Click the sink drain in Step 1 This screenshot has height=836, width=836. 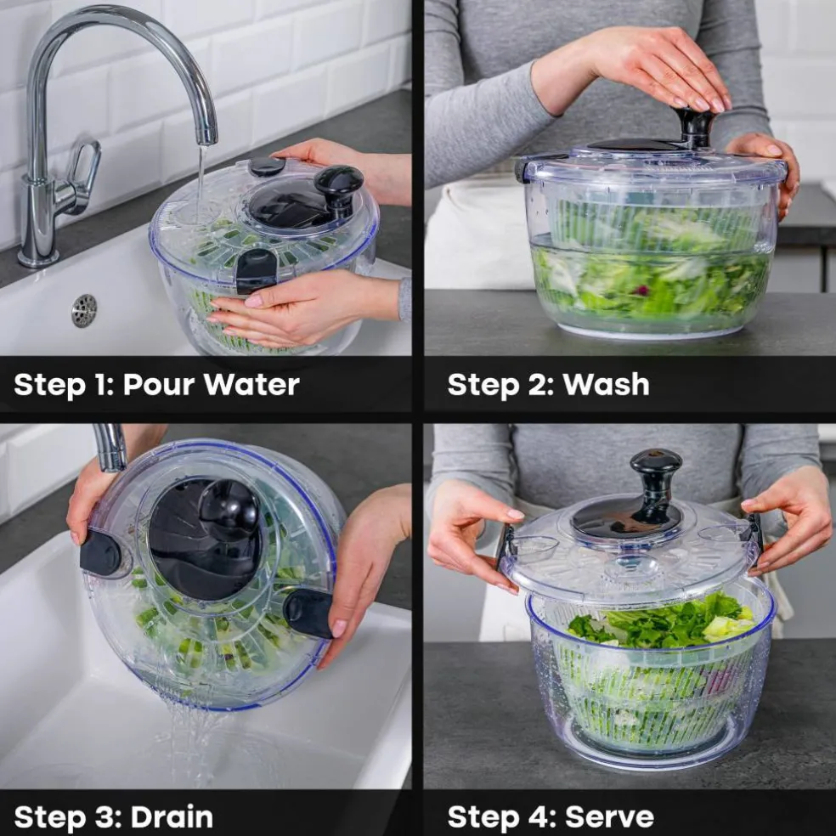84,310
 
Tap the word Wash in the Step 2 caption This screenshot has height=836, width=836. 606,384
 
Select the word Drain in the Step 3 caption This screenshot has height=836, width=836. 172,817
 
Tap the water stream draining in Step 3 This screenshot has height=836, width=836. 192,741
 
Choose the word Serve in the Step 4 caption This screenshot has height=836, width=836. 609,817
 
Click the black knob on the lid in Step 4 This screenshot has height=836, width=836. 656,484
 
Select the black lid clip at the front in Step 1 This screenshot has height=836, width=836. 257,270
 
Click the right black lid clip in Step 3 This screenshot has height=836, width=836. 310,613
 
